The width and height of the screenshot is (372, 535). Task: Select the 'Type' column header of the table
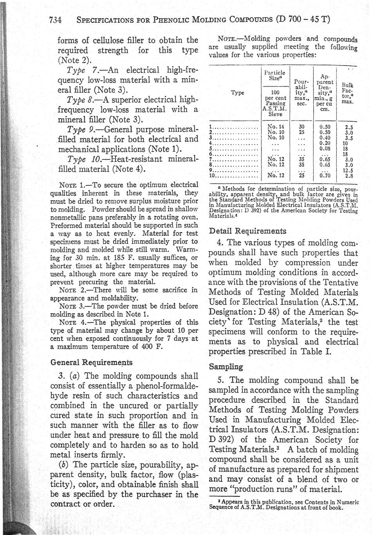[x=237, y=93]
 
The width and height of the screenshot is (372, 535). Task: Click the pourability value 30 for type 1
[x=302, y=126]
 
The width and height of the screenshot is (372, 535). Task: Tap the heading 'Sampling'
[x=226, y=367]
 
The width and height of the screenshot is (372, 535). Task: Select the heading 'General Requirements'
[x=91, y=362]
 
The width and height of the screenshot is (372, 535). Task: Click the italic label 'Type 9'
[x=81, y=129]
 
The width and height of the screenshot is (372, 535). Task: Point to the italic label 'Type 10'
[x=83, y=159]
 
